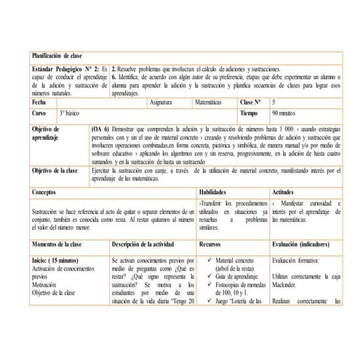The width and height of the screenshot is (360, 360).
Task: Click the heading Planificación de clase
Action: (59, 55)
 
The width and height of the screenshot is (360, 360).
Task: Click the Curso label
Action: (40, 114)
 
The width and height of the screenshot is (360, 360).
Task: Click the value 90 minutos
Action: (285, 114)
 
